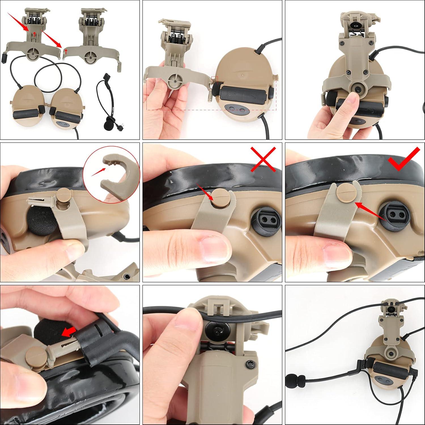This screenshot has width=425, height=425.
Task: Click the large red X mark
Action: [263, 160]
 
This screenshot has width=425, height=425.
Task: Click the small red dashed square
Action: [215, 80]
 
